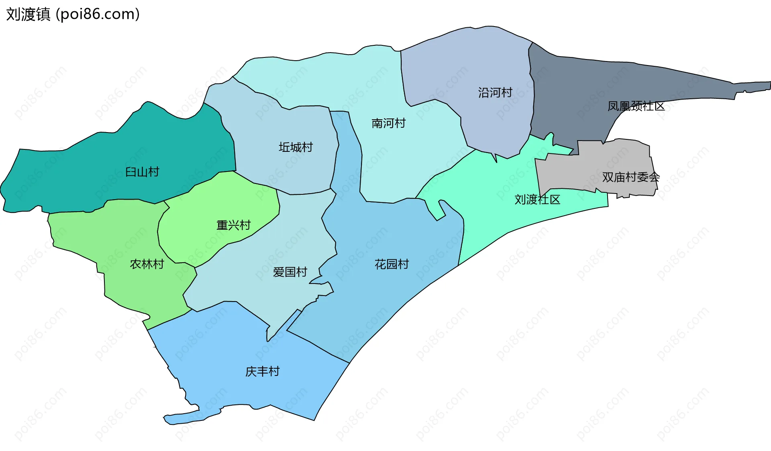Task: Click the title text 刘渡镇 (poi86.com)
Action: (x=73, y=14)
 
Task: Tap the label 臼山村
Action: (x=142, y=172)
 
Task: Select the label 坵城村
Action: (x=296, y=147)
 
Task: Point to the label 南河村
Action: (x=388, y=123)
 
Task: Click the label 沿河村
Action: (x=495, y=93)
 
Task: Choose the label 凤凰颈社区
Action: (x=636, y=106)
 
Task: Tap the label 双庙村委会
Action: (x=630, y=177)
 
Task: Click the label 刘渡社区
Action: (x=537, y=200)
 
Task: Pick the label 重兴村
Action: (x=233, y=225)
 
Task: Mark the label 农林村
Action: (x=147, y=264)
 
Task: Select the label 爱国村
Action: (x=290, y=272)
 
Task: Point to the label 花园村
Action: (x=392, y=264)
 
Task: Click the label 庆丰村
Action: (x=262, y=371)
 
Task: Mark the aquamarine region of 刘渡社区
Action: (x=502, y=217)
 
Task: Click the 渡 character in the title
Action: (x=29, y=14)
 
